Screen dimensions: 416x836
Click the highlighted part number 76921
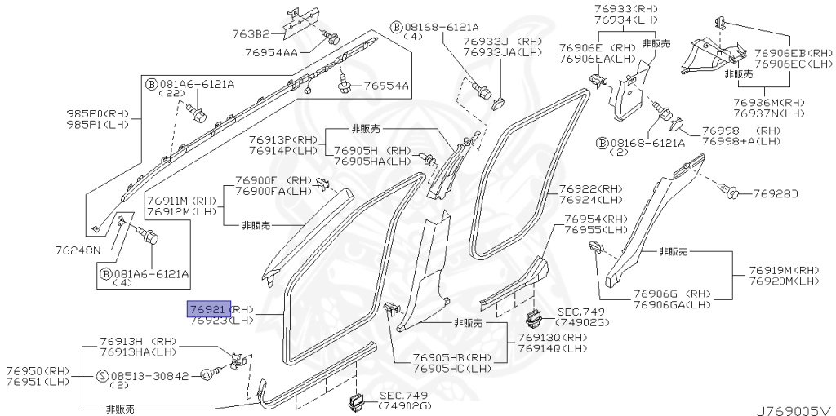209,309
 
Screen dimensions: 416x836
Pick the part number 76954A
386,85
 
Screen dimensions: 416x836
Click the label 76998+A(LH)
746,141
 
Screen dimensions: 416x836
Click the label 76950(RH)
38,370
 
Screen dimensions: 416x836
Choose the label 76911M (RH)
181,200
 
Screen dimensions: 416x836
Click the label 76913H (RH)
138,341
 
